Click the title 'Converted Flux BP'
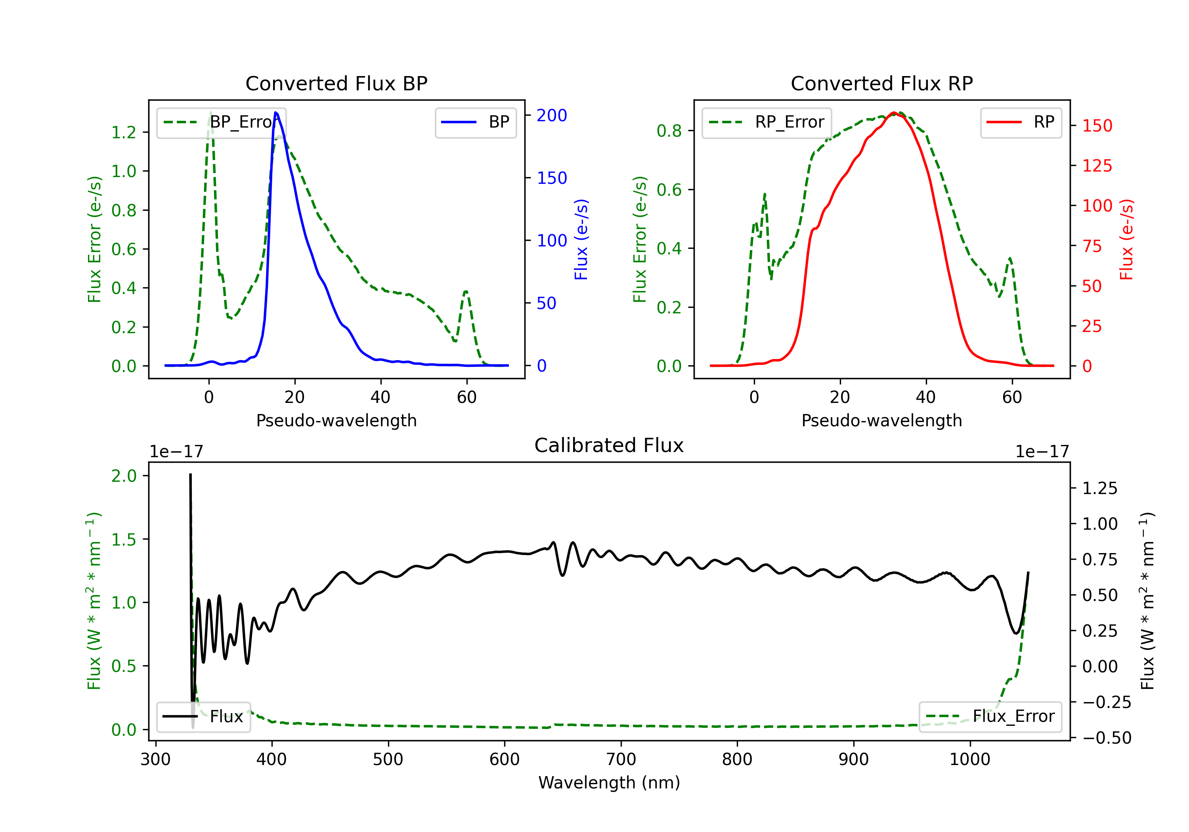tap(336, 83)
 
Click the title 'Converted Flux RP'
tap(881, 83)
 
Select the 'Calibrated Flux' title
tap(609, 445)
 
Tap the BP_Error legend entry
tap(222, 122)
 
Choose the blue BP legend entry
tap(475, 122)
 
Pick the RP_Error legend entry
tap(767, 122)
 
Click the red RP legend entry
tap(1021, 122)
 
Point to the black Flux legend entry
tap(203, 717)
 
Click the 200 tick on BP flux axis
tap(552, 115)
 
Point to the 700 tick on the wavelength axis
tap(621, 759)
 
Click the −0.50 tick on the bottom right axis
tap(1107, 738)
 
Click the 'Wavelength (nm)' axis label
tap(609, 782)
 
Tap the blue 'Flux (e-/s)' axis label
tap(581, 239)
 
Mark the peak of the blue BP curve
tap(275, 113)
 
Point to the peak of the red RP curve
tap(894, 113)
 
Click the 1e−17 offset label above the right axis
tap(1042, 452)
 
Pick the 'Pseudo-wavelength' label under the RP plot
tap(881, 420)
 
